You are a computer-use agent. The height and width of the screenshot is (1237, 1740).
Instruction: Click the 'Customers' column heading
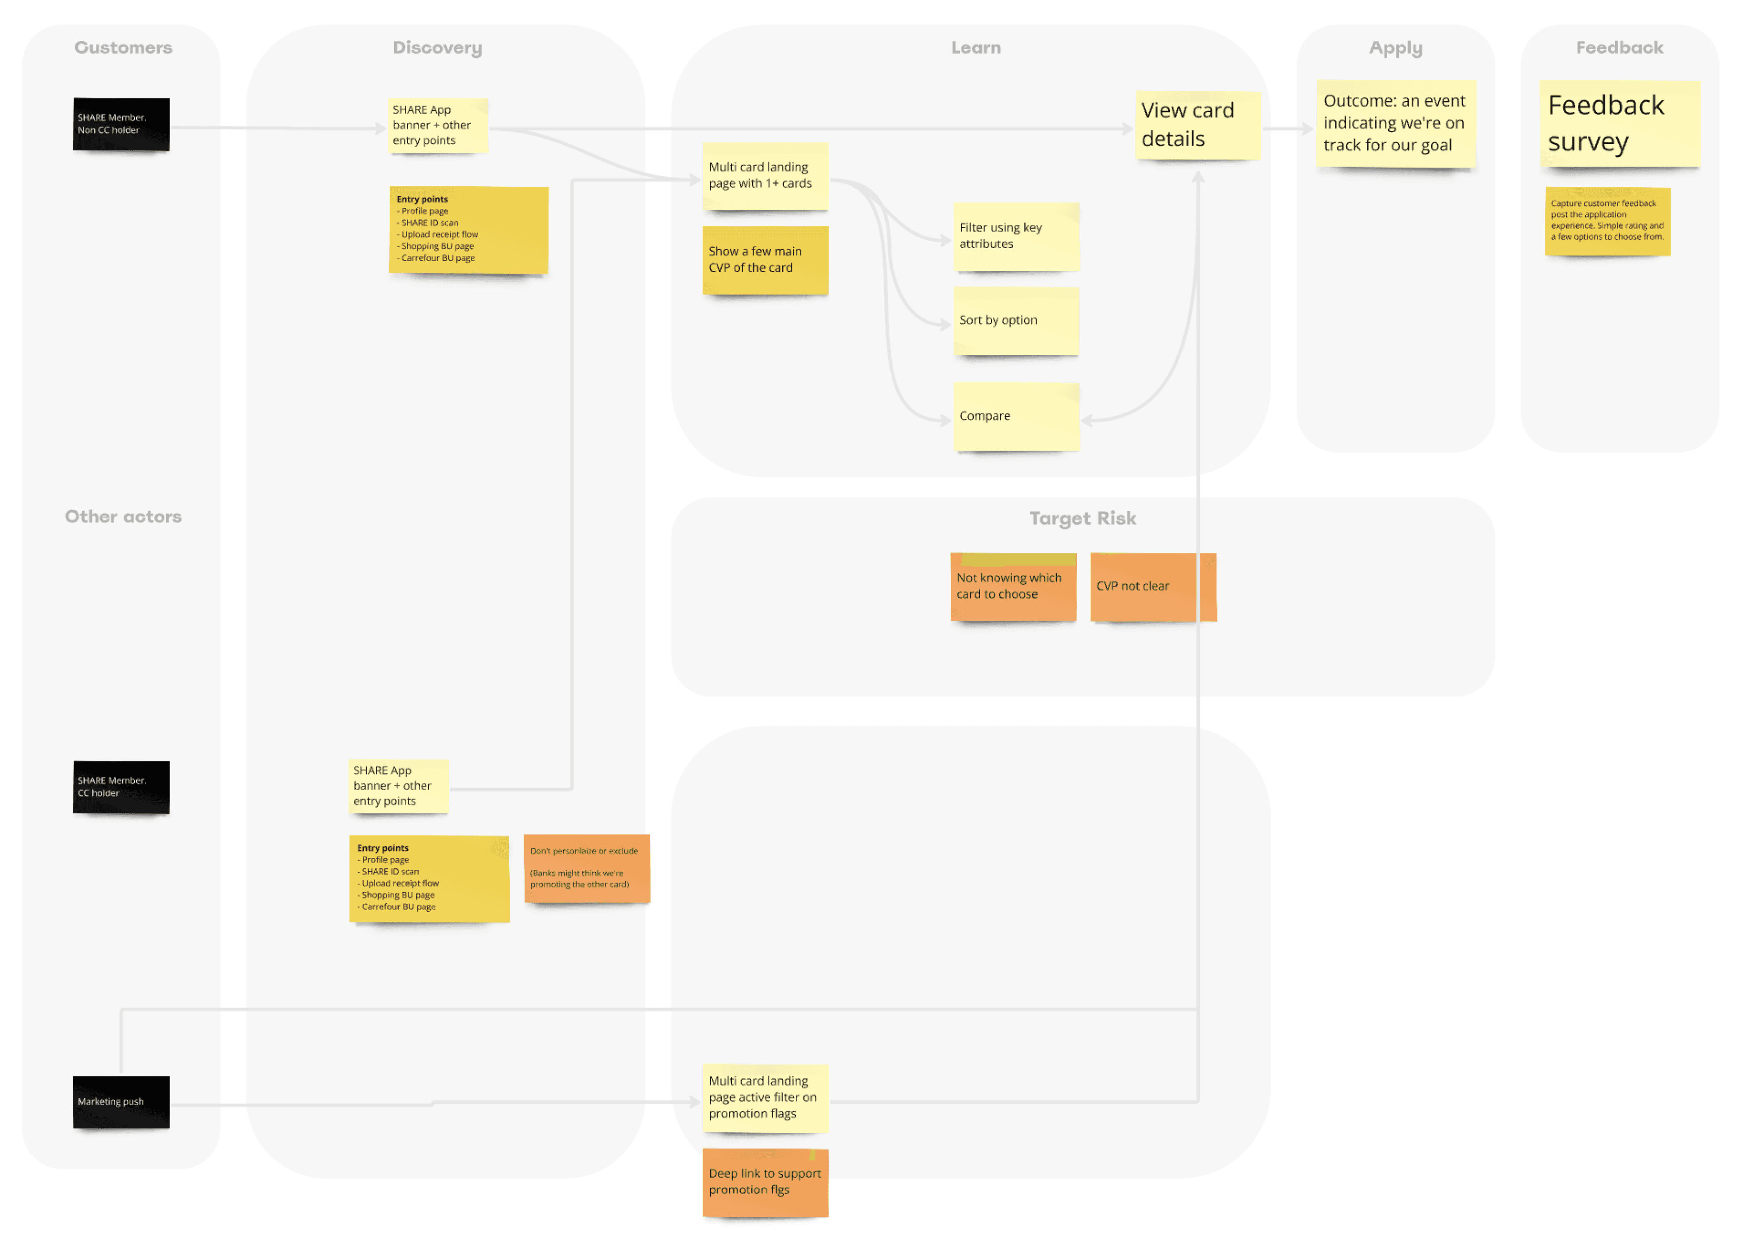[x=123, y=47]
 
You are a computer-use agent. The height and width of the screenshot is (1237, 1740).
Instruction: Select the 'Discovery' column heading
[x=437, y=47]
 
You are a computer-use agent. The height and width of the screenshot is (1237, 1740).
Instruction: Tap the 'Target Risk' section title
[x=1082, y=518]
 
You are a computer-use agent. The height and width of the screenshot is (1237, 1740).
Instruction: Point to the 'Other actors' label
[x=123, y=517]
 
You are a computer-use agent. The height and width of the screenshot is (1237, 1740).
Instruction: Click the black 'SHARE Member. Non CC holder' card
[x=121, y=124]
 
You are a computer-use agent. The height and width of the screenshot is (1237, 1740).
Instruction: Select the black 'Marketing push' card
[x=121, y=1101]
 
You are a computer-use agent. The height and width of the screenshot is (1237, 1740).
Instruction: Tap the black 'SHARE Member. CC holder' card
[x=121, y=787]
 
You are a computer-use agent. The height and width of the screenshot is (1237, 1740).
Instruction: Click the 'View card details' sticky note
[x=1197, y=125]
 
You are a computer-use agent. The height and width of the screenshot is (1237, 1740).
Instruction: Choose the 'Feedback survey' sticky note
[x=1619, y=123]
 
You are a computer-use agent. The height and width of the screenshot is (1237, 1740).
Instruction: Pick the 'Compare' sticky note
[x=1015, y=416]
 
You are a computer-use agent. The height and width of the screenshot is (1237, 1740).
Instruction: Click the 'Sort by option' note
[x=1015, y=320]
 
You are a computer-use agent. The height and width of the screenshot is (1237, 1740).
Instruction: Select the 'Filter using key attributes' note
[x=1015, y=236]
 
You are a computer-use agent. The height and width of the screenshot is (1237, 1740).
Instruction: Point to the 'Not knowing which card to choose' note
[x=1013, y=586]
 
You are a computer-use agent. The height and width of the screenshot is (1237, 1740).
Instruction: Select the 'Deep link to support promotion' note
[x=764, y=1181]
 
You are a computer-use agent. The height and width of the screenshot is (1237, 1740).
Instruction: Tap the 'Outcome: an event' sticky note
[x=1395, y=123]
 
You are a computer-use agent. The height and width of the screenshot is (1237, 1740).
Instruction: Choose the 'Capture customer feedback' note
[x=1607, y=221]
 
